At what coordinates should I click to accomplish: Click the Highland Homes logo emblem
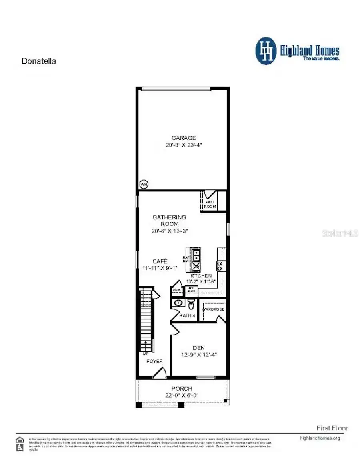click(x=266, y=51)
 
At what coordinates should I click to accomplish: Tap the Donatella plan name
click(x=38, y=61)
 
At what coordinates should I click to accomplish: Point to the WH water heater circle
click(x=144, y=184)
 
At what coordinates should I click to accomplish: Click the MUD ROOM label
click(x=210, y=205)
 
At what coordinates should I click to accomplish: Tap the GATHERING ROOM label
click(x=169, y=221)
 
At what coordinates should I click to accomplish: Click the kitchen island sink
click(x=196, y=255)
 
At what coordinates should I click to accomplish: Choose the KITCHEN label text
click(x=201, y=276)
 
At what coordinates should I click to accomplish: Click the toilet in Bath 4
click(x=191, y=305)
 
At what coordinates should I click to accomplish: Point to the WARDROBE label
click(x=213, y=309)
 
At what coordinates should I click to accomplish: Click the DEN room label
click(x=198, y=348)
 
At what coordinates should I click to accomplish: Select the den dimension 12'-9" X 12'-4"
click(x=199, y=355)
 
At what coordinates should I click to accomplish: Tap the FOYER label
click(x=154, y=361)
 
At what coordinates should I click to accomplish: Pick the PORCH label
click(x=182, y=389)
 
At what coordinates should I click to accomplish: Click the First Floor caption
click(x=332, y=428)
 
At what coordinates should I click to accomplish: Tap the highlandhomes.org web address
click(x=320, y=438)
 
